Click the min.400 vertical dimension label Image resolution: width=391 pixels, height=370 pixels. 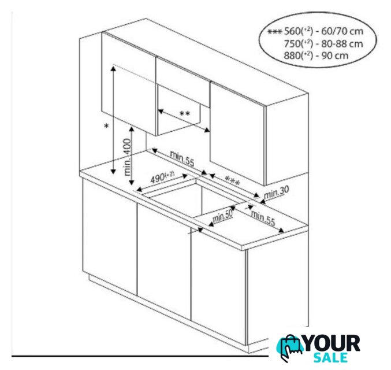[128, 157]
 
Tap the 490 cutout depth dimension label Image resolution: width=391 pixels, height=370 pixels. [162, 177]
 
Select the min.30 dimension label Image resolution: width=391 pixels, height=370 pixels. [276, 193]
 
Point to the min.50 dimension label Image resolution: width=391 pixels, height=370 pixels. [222, 216]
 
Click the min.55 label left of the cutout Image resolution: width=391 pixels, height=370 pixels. [182, 158]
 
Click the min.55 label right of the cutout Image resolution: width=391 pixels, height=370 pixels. [263, 218]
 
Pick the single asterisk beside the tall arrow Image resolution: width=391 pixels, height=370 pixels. [106, 126]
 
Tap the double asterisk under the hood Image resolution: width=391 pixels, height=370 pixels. [185, 114]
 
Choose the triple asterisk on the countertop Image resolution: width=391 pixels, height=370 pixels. [232, 181]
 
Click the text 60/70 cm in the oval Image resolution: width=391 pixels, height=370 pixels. [342, 31]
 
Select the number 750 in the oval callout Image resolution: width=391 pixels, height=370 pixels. [292, 44]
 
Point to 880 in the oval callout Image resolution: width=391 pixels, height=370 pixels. [292, 55]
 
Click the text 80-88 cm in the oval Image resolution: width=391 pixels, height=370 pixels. [342, 44]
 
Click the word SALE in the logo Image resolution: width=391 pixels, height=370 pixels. [331, 357]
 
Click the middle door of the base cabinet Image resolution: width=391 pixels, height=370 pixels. [164, 261]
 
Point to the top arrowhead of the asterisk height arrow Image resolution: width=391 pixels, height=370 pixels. [113, 68]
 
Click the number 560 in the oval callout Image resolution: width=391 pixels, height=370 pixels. [292, 31]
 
